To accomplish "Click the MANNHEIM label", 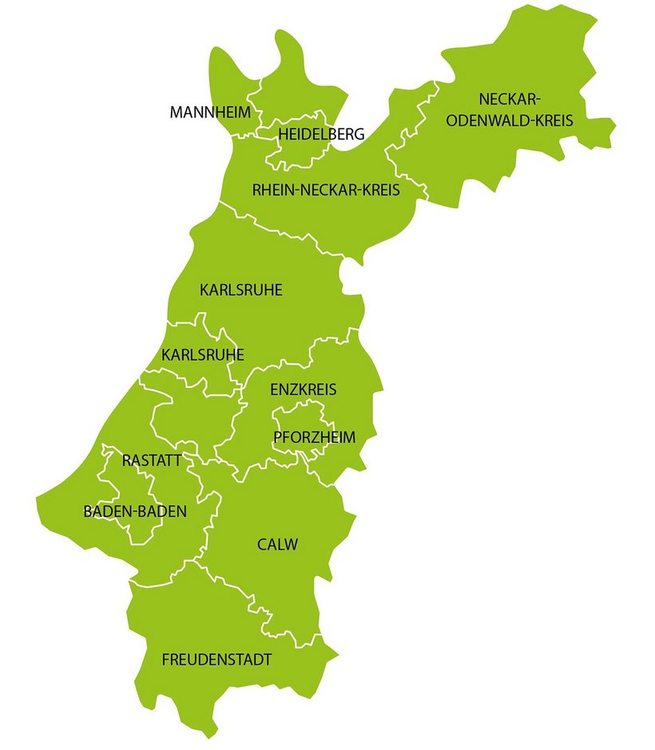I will coord(210,112).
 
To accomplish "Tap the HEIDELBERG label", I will coord(321,134).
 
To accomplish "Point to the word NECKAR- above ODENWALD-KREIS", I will coord(510,99).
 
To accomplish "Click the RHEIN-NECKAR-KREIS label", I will coord(326,191).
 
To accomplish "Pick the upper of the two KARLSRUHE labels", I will coord(241,290).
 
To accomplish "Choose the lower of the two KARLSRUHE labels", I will coord(203,354).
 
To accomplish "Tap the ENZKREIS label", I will coord(304,390).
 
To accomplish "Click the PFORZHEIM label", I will coord(314,436).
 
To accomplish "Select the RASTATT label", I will coord(152,460).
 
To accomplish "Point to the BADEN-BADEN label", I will coord(135,511).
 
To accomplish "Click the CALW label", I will coord(277,545).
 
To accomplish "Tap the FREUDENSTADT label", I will coord(216,660).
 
